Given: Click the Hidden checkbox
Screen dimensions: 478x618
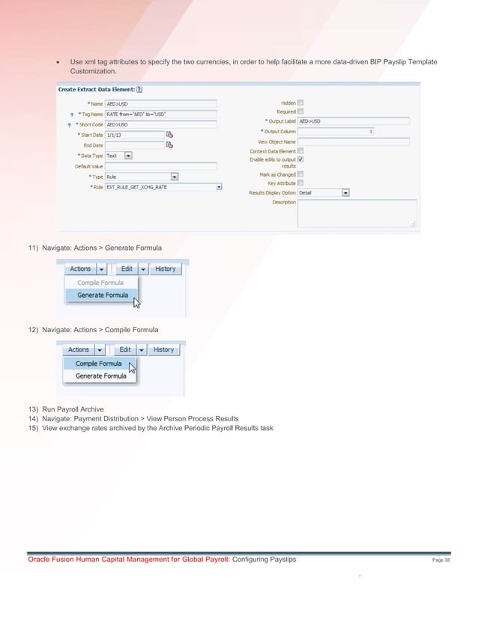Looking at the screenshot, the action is click(x=300, y=103).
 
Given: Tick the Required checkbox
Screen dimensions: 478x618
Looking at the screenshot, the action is click(x=300, y=111).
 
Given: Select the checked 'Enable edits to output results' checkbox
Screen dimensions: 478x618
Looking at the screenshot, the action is click(x=300, y=159).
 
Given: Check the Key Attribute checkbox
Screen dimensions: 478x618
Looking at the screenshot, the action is click(x=300, y=183).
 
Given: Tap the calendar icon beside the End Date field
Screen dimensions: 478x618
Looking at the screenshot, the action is click(x=169, y=145).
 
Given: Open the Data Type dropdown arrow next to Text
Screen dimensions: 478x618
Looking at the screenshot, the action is click(x=128, y=156).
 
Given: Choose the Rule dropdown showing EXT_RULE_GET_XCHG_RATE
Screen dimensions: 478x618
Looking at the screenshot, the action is click(x=164, y=187).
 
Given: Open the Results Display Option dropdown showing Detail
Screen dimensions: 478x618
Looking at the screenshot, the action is click(x=324, y=192).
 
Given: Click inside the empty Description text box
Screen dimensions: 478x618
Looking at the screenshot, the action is click(x=357, y=212).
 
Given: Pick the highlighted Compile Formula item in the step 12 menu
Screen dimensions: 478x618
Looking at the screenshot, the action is click(x=98, y=364).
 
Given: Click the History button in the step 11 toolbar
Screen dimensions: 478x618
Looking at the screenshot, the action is click(x=165, y=269).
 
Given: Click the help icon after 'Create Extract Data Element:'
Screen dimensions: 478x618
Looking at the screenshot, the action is click(x=140, y=89).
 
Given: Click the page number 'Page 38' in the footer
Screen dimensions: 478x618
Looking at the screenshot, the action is click(x=441, y=560).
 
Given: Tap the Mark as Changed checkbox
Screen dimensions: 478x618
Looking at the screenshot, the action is click(x=300, y=174).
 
